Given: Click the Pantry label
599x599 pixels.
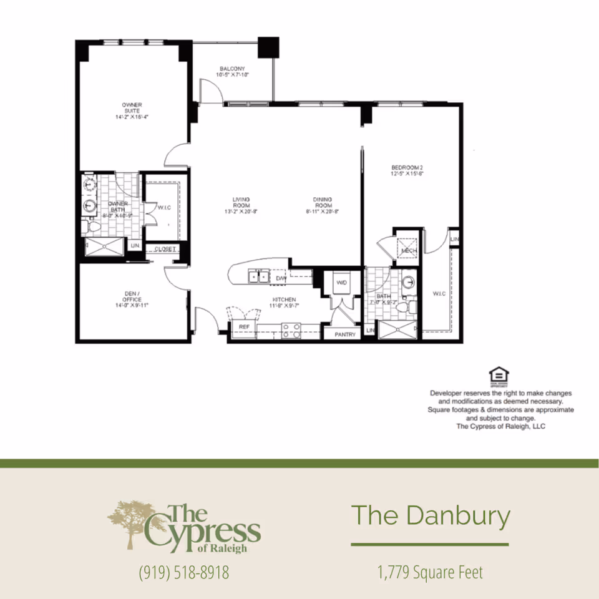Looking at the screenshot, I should click(345, 334).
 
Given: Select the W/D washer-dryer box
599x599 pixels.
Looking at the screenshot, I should click(342, 283).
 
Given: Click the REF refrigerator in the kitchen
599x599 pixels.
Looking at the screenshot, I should click(244, 327).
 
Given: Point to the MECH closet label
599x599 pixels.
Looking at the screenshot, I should click(409, 251).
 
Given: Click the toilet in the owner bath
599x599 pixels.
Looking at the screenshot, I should click(88, 225).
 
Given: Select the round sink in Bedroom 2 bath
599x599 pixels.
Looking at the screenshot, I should click(409, 282).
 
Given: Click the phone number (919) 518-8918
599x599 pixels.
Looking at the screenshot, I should click(184, 572).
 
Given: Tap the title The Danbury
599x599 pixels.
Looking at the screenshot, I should click(431, 516).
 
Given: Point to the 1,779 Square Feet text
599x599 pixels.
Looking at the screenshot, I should click(431, 572).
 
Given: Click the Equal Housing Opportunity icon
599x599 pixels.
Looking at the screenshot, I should click(499, 376).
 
